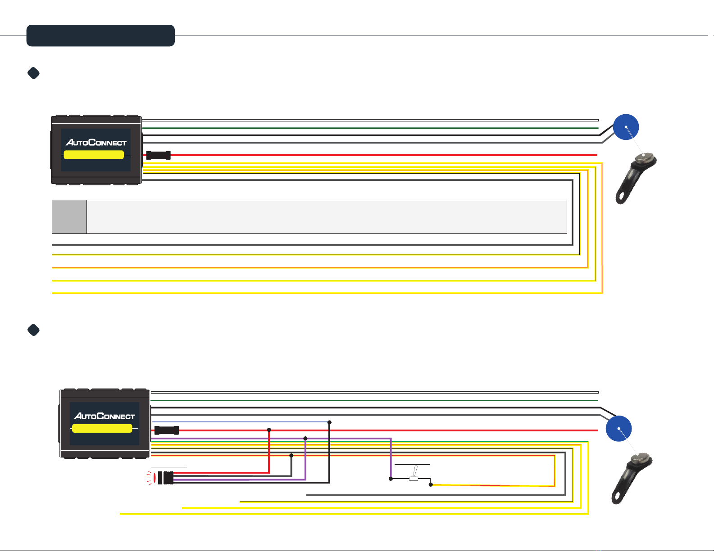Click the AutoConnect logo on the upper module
(x=96, y=143)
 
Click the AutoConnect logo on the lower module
(x=105, y=416)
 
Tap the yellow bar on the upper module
(x=94, y=155)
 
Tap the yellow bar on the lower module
(x=102, y=428)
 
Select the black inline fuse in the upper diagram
(x=159, y=155)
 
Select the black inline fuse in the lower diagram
(x=167, y=430)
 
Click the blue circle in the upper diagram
(x=626, y=127)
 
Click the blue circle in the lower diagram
(x=618, y=428)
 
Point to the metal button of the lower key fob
(x=639, y=458)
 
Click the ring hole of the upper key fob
(x=623, y=197)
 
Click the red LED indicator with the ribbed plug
(x=163, y=477)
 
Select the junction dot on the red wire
(x=269, y=430)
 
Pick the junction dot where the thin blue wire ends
(x=329, y=422)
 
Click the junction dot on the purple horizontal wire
(x=305, y=438)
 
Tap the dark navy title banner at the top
(x=100, y=36)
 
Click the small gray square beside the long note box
(x=69, y=217)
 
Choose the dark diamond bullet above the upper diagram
(x=34, y=73)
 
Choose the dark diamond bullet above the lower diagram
(x=34, y=330)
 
